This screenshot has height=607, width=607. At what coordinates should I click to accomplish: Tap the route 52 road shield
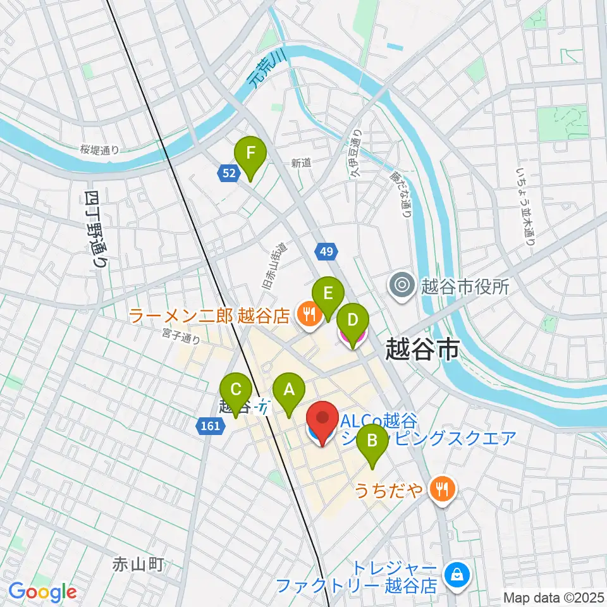click(x=229, y=173)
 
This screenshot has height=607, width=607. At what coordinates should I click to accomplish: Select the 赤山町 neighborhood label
click(x=138, y=564)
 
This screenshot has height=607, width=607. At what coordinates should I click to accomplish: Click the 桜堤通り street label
click(x=99, y=150)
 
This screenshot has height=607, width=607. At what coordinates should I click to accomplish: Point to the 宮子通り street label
click(x=181, y=336)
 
